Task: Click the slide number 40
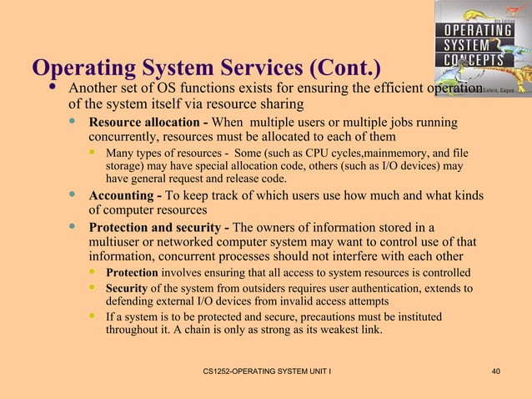496,370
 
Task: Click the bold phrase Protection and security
157,227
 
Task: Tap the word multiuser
118,242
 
